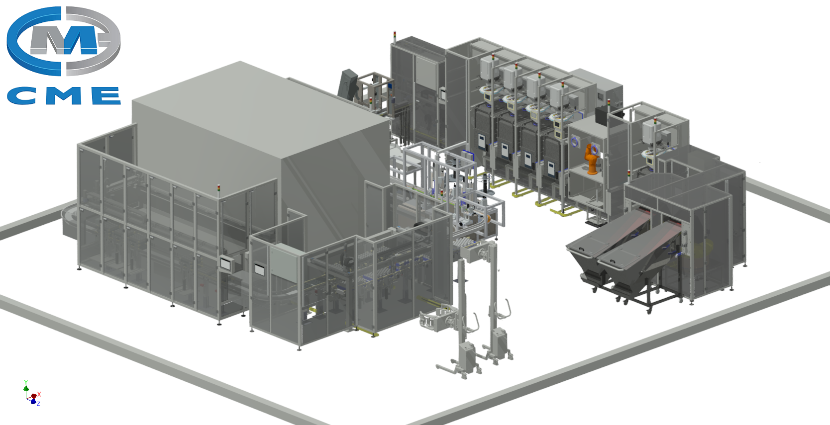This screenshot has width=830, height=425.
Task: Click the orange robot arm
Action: click(591, 159)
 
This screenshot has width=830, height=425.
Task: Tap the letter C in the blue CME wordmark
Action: click(21, 95)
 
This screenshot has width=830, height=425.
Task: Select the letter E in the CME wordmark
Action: click(105, 95)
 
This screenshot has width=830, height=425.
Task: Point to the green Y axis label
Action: click(26, 382)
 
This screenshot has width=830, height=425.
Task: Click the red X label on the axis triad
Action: click(39, 394)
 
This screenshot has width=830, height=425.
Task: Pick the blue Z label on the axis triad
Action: click(38, 404)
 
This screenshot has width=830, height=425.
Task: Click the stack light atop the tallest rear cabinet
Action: click(395, 36)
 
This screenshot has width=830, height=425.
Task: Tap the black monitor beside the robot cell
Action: click(601, 115)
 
